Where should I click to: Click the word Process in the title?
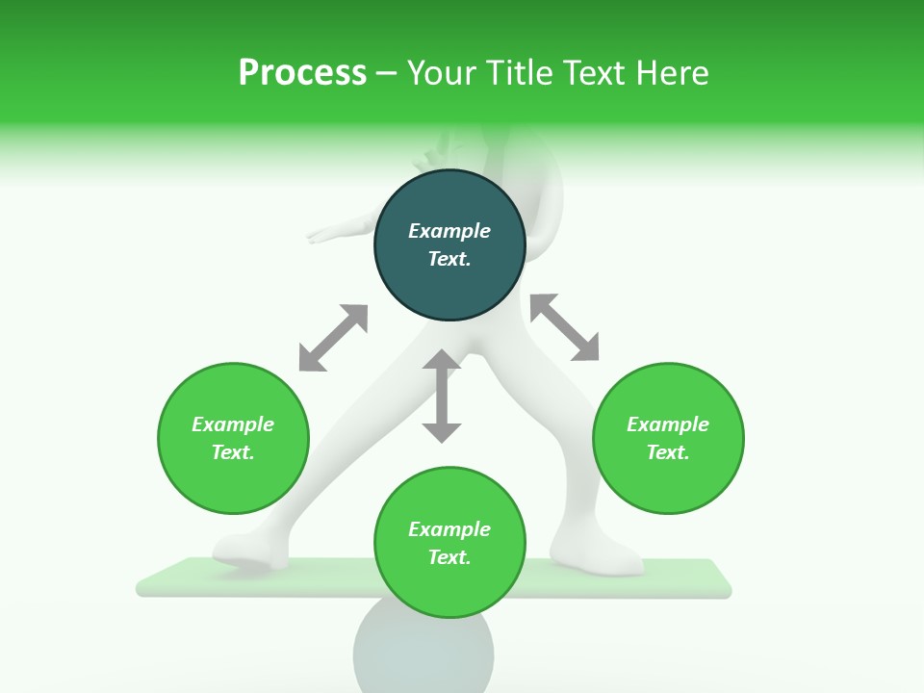pyautogui.click(x=302, y=73)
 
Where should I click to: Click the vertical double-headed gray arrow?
pyautogui.click(x=442, y=396)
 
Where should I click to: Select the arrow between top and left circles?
pyautogui.click(x=333, y=338)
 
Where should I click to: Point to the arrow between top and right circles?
pyautogui.click(x=564, y=327)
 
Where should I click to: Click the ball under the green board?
pyautogui.click(x=423, y=654)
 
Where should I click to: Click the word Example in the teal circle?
pyautogui.click(x=449, y=231)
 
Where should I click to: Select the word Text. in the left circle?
pyautogui.click(x=233, y=452)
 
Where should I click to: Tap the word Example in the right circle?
pyautogui.click(x=668, y=424)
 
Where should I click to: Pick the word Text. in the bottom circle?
pyautogui.click(x=449, y=557)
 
